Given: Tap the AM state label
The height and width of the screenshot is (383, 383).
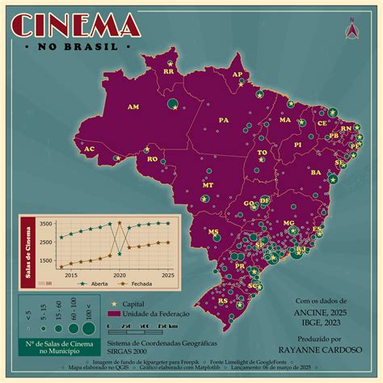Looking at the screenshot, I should (x=133, y=107).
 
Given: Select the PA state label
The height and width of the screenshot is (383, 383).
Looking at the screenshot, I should (x=224, y=120).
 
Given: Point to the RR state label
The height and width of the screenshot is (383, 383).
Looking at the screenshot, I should (x=169, y=71).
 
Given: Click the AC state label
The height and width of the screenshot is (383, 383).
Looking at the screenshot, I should (x=90, y=149).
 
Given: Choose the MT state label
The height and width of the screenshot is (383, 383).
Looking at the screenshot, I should (x=208, y=185).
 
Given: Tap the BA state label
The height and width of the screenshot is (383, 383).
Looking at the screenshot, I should (x=315, y=172).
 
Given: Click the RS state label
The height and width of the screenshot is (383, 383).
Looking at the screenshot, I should (x=222, y=301).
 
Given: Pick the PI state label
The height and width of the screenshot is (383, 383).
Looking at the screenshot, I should (x=297, y=145).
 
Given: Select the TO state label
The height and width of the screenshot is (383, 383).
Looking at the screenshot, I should (x=262, y=152).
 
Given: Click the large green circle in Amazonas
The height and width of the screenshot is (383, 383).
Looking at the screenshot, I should (x=172, y=103).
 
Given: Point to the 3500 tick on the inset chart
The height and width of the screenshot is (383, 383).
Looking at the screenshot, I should (x=46, y=224).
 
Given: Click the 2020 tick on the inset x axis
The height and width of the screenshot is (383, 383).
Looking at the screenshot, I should (x=120, y=276).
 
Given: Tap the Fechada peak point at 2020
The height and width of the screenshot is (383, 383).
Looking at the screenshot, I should (x=120, y=223).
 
